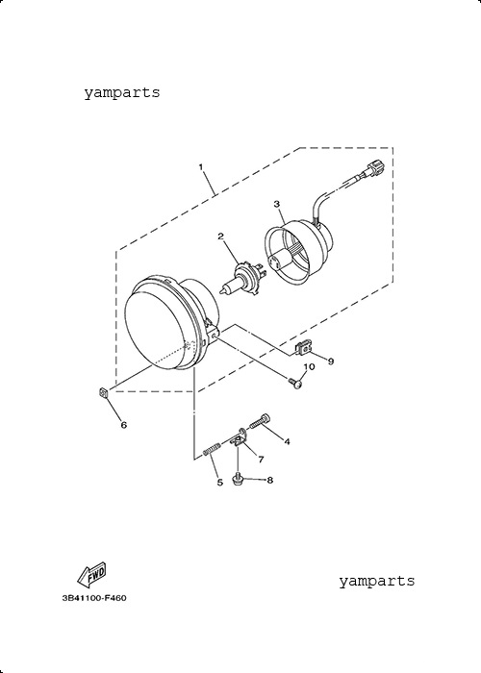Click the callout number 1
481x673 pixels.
(200, 166)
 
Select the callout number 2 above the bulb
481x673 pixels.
(220, 237)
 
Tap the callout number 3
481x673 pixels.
(277, 204)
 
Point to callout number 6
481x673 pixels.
(124, 425)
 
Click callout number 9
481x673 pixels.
(331, 361)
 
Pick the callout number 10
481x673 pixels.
(309, 366)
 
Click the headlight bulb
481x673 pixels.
(241, 280)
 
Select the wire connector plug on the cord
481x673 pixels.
(373, 168)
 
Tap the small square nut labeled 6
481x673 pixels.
(103, 392)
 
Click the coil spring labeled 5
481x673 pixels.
(212, 448)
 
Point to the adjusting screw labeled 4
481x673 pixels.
(261, 420)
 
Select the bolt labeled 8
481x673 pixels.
(237, 479)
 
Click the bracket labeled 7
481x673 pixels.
(240, 437)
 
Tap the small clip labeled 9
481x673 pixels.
(304, 347)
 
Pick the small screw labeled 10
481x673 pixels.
(295, 382)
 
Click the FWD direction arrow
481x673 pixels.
(91, 574)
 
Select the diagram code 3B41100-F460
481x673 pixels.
(94, 598)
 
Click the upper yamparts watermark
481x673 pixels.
(122, 92)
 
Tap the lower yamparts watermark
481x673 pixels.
(377, 581)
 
